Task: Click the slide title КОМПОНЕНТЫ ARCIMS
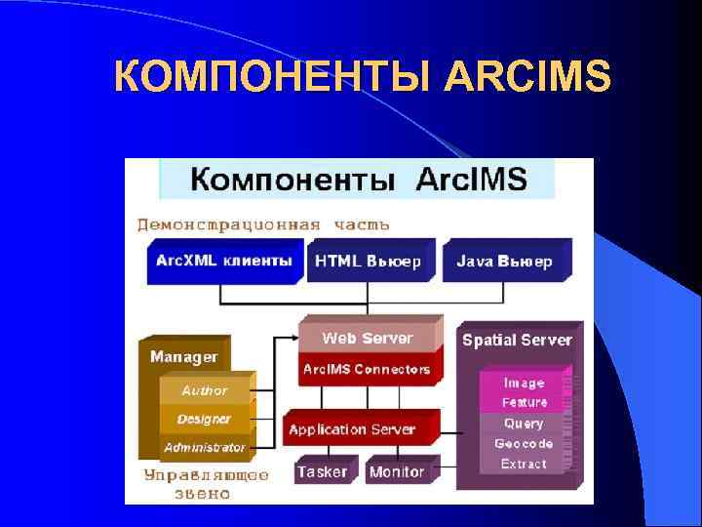[362, 76]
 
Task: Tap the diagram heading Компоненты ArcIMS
[358, 180]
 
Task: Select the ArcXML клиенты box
[223, 262]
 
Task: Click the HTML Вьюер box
[368, 262]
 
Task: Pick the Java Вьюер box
[504, 262]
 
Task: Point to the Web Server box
[368, 339]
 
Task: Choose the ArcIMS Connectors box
[367, 369]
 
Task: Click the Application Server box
[352, 429]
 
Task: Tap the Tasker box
[322, 471]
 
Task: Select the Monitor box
[397, 471]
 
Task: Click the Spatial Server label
[517, 340]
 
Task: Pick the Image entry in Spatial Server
[524, 384]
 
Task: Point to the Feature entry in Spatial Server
[524, 402]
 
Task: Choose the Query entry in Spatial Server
[524, 424]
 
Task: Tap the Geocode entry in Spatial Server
[524, 444]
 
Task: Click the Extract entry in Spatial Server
[524, 464]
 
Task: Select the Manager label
[183, 357]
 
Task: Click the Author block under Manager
[204, 390]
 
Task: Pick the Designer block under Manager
[204, 419]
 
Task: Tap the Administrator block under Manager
[204, 447]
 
